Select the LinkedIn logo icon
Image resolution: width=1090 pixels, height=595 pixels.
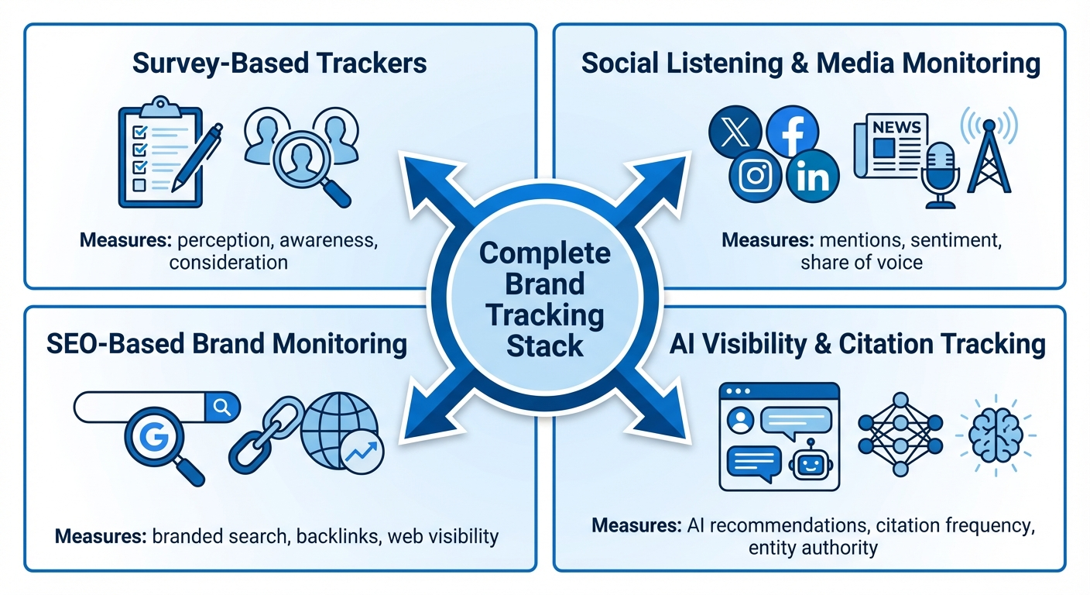pyautogui.click(x=812, y=177)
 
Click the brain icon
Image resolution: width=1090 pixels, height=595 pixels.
pyautogui.click(x=996, y=434)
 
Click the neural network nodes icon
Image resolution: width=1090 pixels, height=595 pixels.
pyautogui.click(x=900, y=434)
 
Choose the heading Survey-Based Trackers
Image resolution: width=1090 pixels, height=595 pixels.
pyautogui.click(x=279, y=63)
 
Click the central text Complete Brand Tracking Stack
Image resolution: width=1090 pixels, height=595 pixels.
pyautogui.click(x=544, y=299)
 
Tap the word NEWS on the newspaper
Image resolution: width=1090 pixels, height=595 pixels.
pyautogui.click(x=896, y=127)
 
